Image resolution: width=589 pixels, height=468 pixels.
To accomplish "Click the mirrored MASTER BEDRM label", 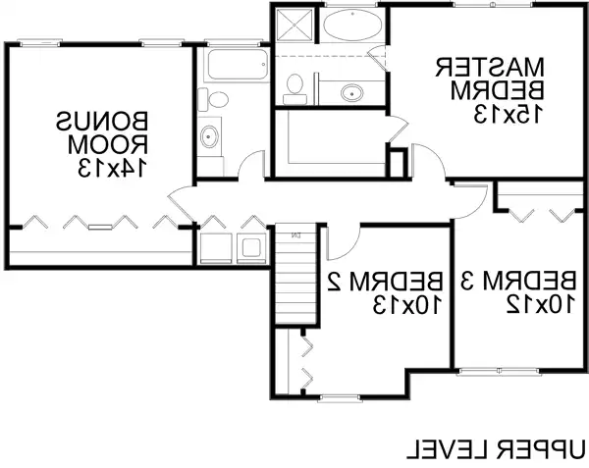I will [x=490, y=78].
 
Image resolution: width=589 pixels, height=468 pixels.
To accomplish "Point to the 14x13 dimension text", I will [x=108, y=168].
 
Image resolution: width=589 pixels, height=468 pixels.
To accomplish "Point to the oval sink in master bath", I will [x=351, y=93].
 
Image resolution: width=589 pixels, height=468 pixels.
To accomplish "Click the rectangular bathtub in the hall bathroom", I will [x=237, y=68].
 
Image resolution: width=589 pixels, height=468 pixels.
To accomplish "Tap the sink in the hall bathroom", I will [x=209, y=136].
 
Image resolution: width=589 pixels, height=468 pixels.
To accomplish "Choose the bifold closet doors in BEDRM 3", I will [x=538, y=211].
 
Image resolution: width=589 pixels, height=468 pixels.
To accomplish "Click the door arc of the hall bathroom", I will [x=253, y=165].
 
